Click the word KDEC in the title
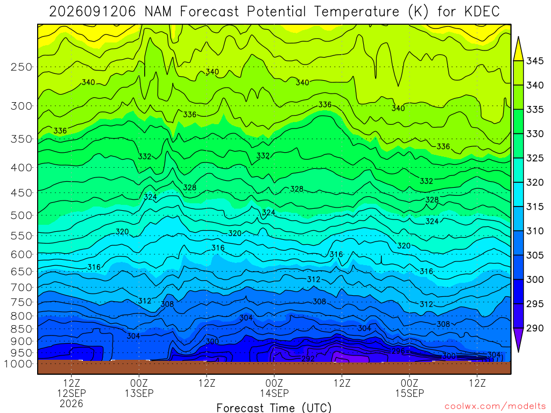pyautogui.click(x=482, y=12)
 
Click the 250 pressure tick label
pyautogui.click(x=22, y=67)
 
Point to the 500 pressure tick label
pyautogui.click(x=22, y=215)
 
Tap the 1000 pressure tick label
pyautogui.click(x=18, y=364)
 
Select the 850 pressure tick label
pyautogui.click(x=22, y=329)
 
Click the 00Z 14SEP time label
pyautogui.click(x=274, y=388)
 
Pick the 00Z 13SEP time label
pyautogui.click(x=139, y=388)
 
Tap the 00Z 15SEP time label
pyautogui.click(x=409, y=388)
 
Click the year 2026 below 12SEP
pyautogui.click(x=72, y=403)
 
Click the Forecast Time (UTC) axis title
pyautogui.click(x=274, y=408)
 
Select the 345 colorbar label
pyautogui.click(x=535, y=61)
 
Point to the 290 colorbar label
pyautogui.click(x=535, y=328)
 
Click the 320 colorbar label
pyautogui.click(x=535, y=182)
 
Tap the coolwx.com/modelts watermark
pyautogui.click(x=495, y=407)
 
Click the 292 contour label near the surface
pyautogui.click(x=308, y=359)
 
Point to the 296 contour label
pyautogui.click(x=398, y=351)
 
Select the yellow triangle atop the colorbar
pyautogui.click(x=518, y=49)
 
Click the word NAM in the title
pyautogui.click(x=158, y=12)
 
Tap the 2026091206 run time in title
pyautogui.click(x=92, y=12)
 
